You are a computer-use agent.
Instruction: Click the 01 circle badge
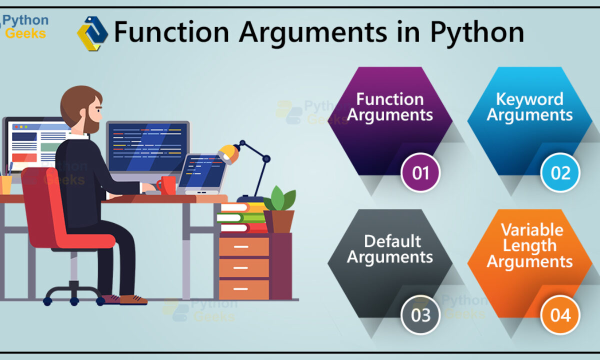pyautogui.click(x=420, y=172)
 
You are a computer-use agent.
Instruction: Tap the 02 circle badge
pyautogui.click(x=560, y=172)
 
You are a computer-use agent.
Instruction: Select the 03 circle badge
pyautogui.click(x=420, y=314)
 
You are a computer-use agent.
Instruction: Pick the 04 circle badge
pyautogui.click(x=560, y=314)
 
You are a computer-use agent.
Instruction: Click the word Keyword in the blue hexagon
pyautogui.click(x=529, y=99)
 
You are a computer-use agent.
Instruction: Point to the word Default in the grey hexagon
pyautogui.click(x=392, y=241)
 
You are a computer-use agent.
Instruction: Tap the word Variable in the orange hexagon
pyautogui.click(x=532, y=230)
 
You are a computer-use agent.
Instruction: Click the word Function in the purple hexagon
pyautogui.click(x=390, y=99)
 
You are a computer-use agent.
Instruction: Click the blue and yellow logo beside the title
pyautogui.click(x=92, y=33)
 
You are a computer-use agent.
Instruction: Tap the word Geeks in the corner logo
pyautogui.click(x=25, y=34)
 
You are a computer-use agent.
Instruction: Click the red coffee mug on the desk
pyautogui.click(x=166, y=185)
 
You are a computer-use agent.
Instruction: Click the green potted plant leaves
pyautogui.click(x=280, y=198)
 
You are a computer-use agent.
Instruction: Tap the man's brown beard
pyautogui.click(x=92, y=122)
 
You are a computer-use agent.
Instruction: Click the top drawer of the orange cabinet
pyautogui.click(x=244, y=246)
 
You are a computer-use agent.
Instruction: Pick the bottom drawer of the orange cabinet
pyautogui.click(x=244, y=289)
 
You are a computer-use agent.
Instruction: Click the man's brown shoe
pyautogui.click(x=133, y=299)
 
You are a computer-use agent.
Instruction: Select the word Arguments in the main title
pyautogui.click(x=313, y=33)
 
